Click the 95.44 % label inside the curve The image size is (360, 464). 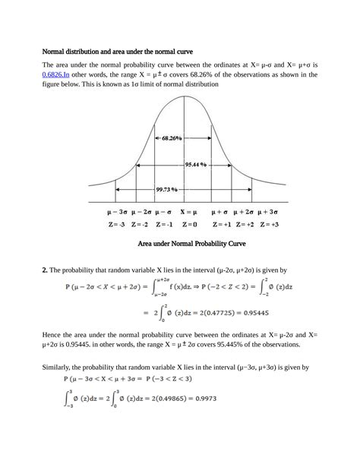(x=197, y=164)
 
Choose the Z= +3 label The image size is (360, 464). (x=269, y=225)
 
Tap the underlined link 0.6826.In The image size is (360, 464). (x=57, y=74)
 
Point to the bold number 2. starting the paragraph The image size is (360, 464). (x=46, y=270)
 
